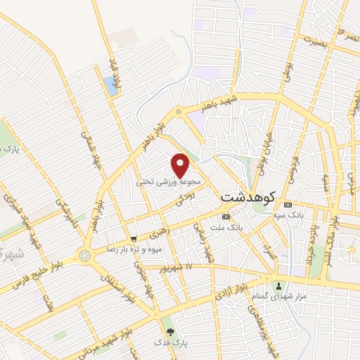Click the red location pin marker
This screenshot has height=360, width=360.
(181, 164)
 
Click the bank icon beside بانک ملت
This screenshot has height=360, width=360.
(225, 217)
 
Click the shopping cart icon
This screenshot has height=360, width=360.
(133, 240)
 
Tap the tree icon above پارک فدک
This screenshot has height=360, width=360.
(168, 331)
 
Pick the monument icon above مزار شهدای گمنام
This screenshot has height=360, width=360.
(279, 286)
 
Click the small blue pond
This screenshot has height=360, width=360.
(111, 86)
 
